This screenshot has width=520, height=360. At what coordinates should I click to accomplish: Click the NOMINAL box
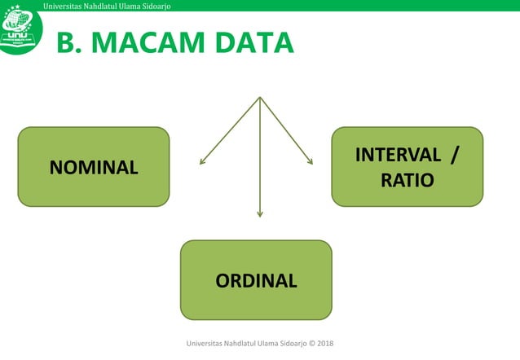[x=94, y=167]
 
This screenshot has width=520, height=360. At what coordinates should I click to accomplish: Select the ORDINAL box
[x=256, y=280]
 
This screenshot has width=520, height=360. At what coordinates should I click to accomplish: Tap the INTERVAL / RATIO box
[x=407, y=166]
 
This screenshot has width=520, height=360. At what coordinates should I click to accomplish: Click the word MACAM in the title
[x=143, y=43]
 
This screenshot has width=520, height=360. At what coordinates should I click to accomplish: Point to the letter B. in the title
[x=68, y=43]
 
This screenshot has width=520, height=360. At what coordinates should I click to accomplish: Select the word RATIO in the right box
[x=407, y=179]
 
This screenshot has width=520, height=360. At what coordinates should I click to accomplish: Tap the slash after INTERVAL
[x=453, y=154]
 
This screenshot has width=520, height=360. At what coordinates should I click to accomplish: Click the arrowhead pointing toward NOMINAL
[x=202, y=163]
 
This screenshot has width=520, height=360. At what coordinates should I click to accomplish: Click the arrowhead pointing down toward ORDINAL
[x=260, y=214]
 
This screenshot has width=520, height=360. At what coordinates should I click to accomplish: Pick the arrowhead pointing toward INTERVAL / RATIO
[x=311, y=162]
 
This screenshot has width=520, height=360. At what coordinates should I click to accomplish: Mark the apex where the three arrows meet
[x=259, y=98]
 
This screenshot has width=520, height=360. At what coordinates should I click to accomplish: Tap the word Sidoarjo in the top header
[x=151, y=7]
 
